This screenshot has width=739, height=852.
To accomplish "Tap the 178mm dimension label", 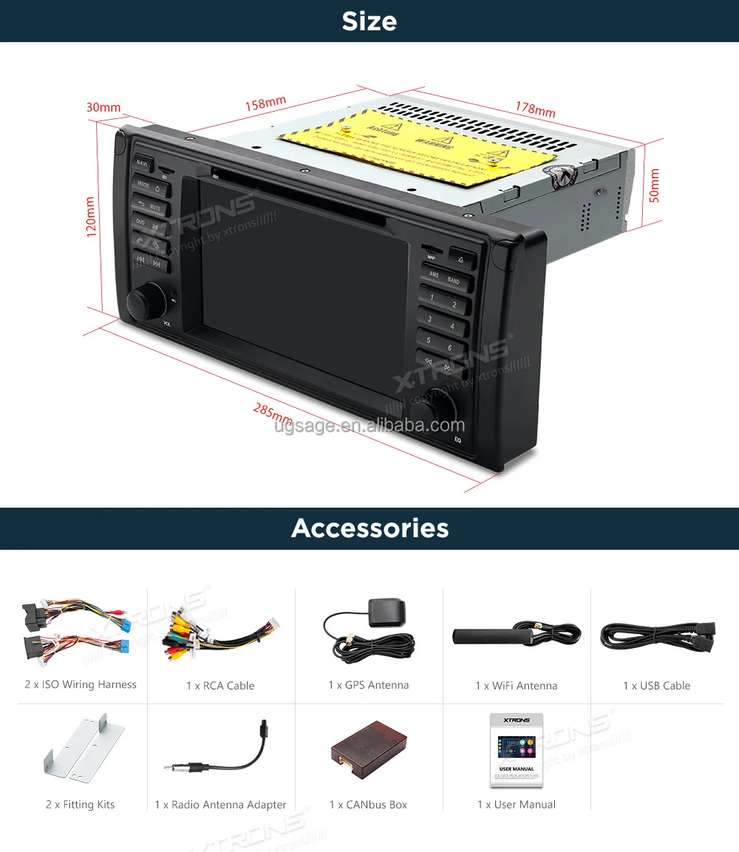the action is (535, 108).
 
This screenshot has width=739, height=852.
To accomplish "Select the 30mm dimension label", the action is (103, 107).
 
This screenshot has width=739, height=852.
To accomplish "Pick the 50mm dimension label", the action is (653, 185).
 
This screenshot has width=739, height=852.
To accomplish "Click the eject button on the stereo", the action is (462, 259).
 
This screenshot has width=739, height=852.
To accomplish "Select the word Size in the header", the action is (369, 21).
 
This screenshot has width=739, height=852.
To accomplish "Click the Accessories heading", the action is (369, 528).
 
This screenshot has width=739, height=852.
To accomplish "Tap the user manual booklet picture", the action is (516, 751).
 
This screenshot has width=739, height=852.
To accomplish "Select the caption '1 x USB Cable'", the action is (656, 686).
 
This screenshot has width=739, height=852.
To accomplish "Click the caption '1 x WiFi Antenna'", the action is (516, 686).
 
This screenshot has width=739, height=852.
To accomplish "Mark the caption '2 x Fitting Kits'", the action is (81, 805).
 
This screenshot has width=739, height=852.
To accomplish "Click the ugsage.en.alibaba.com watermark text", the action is (369, 426).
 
